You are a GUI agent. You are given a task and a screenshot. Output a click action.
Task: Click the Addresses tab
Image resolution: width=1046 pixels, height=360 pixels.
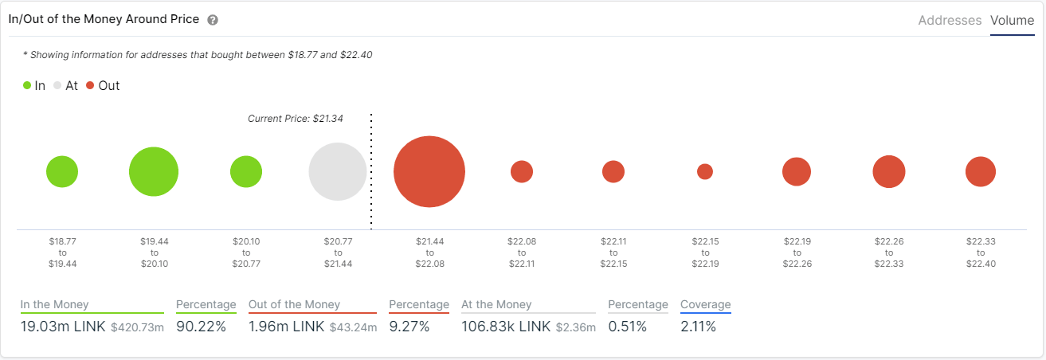950,21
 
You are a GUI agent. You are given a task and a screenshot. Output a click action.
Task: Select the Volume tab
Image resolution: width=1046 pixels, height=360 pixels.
1012,21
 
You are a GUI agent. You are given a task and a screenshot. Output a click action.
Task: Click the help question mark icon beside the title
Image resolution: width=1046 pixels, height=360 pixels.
213,20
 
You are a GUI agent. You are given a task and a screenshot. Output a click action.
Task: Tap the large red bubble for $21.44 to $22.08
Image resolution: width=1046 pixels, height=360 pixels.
429,171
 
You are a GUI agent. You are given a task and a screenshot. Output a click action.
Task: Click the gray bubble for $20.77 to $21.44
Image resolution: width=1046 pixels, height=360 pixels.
338,171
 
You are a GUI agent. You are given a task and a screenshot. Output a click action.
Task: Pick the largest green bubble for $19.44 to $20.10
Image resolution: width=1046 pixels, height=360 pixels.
154,171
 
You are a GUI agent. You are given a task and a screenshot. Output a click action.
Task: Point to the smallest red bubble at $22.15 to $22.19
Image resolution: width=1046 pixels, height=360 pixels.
705,171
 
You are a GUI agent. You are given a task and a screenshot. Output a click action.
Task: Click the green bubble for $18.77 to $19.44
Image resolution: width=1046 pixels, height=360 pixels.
62,171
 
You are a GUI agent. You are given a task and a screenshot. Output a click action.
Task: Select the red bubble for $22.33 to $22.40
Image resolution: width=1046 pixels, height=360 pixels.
981,171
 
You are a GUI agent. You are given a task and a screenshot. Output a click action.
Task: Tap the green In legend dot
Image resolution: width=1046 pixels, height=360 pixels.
27,86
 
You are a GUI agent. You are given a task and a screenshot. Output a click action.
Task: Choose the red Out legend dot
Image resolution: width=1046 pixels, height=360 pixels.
90,86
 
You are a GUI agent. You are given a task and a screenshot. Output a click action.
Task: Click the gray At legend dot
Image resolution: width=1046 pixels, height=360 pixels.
57,86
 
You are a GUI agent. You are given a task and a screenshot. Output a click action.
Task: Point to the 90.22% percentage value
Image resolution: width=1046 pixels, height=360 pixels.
201,327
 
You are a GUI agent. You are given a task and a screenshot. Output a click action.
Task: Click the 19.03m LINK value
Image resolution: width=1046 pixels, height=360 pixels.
62,327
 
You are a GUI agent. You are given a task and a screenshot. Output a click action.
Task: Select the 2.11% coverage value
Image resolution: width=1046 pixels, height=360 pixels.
698,327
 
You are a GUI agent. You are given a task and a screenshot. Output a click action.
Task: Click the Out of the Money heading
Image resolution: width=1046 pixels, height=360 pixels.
294,304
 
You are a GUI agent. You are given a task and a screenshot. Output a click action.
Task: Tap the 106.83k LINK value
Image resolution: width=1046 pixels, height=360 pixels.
506,327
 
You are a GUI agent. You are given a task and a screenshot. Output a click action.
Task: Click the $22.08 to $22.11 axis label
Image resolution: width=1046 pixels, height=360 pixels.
522,252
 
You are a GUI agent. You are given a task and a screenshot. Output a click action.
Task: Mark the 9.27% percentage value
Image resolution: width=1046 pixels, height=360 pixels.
409,327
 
